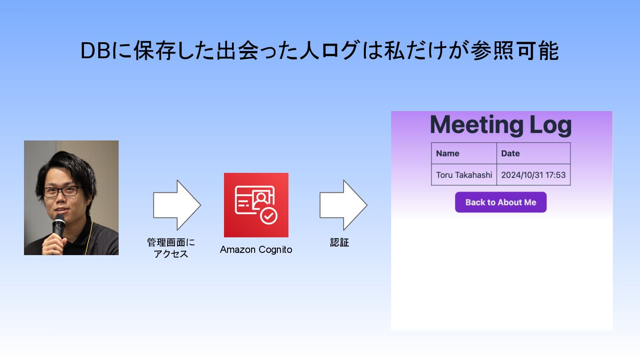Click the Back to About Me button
tap(500, 202)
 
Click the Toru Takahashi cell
tap(464, 175)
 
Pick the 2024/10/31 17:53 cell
tap(533, 175)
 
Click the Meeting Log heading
tap(500, 125)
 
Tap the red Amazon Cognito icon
tap(256, 205)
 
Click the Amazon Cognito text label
tap(256, 250)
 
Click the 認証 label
tap(340, 243)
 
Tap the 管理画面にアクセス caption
tap(171, 248)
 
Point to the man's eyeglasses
tap(63, 192)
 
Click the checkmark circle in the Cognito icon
tap(268, 216)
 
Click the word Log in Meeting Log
tap(550, 125)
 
